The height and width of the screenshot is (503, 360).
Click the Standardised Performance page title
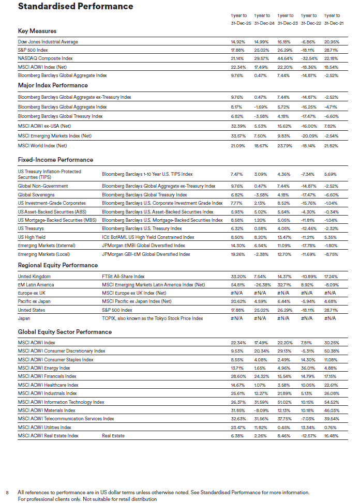click(x=76, y=7)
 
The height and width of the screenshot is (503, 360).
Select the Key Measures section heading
click(x=37, y=31)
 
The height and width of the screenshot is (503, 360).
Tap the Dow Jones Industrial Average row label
click(x=48, y=42)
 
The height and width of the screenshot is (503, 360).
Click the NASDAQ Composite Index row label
click(x=46, y=58)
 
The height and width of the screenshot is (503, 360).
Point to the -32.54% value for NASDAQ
click(x=309, y=58)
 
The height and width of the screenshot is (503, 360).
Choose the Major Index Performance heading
click(x=53, y=85)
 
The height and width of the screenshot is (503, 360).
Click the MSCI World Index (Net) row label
click(x=42, y=146)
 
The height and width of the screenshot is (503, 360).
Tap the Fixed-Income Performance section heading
click(x=55, y=160)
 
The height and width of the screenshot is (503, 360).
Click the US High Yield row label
click(x=32, y=237)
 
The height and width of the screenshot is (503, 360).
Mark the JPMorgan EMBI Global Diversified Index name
click(x=143, y=246)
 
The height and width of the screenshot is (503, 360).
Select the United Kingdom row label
click(x=34, y=277)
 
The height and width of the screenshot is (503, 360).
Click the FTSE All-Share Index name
click(x=123, y=277)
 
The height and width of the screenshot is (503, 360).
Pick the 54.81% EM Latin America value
click(x=238, y=285)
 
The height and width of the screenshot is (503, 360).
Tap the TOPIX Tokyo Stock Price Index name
click(x=153, y=318)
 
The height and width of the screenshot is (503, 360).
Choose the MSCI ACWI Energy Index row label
click(x=44, y=368)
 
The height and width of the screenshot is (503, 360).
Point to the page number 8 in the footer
click(x=7, y=492)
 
